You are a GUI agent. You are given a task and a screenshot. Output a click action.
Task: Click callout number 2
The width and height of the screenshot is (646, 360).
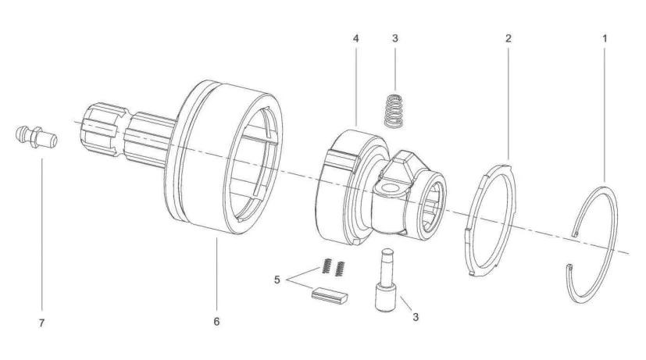[x=509, y=37]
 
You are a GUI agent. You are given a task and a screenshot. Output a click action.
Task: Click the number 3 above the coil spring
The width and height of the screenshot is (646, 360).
[x=396, y=37]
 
